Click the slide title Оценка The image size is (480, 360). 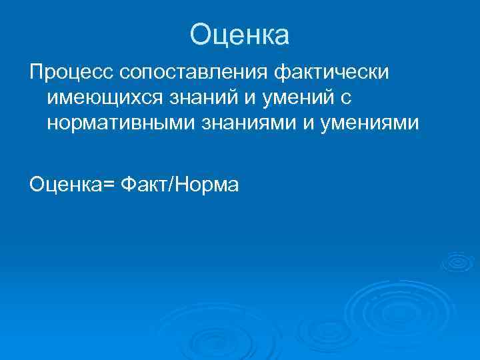click(239, 35)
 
